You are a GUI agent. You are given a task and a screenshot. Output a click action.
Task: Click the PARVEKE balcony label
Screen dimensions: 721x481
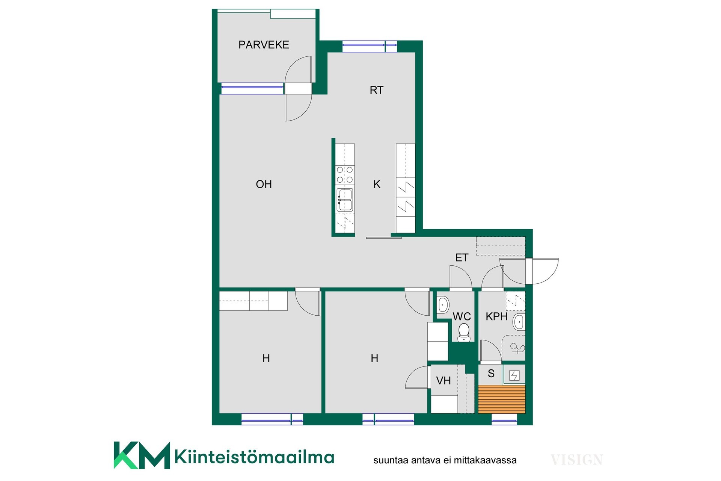(x=264, y=45)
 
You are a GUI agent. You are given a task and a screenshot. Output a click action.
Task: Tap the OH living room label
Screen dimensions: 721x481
(x=264, y=184)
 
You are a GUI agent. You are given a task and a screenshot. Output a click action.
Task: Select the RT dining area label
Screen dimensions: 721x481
(x=377, y=90)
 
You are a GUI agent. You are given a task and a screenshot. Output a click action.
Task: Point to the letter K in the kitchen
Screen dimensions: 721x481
(x=377, y=184)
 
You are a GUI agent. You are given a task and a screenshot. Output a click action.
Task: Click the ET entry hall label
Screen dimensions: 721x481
(x=462, y=257)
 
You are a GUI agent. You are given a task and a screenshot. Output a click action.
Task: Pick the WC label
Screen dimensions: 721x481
(x=462, y=316)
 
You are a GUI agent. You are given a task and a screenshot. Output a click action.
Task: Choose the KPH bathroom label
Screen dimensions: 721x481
(x=496, y=316)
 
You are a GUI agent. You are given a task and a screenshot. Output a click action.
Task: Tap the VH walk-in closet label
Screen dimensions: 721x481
(x=443, y=381)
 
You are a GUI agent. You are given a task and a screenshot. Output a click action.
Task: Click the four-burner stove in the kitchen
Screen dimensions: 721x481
(x=345, y=175)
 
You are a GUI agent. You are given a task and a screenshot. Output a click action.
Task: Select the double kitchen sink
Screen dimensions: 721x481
(x=345, y=200)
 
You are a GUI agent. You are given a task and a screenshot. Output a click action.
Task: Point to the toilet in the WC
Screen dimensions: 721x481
(x=464, y=332)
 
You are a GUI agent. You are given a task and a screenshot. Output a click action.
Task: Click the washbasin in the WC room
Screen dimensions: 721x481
(x=443, y=305)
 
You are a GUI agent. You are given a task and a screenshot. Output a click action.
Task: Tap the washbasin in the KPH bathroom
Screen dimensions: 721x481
(x=519, y=322)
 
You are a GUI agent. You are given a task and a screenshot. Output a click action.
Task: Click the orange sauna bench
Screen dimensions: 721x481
(x=502, y=399)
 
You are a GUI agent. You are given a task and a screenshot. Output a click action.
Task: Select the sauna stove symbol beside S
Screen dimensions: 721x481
(x=514, y=375)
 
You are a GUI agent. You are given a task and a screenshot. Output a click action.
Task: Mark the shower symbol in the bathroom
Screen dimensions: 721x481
(x=517, y=349)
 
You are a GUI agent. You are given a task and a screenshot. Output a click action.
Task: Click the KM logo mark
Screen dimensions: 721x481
(x=142, y=455)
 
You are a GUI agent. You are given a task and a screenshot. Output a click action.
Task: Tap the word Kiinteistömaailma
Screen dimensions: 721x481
(x=254, y=457)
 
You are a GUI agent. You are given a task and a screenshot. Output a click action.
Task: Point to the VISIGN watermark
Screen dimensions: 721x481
(x=576, y=460)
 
